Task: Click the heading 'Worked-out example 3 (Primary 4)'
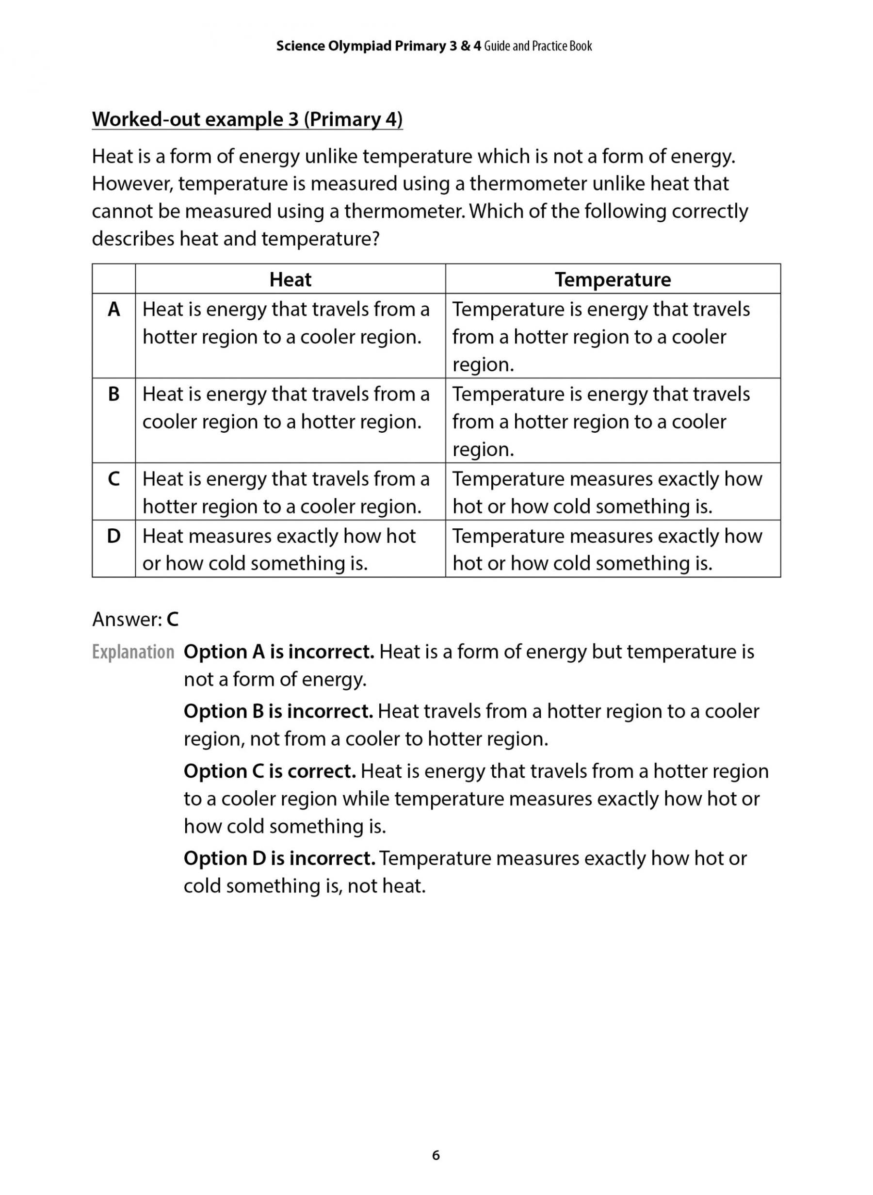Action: [x=247, y=119]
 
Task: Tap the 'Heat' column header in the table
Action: [x=290, y=279]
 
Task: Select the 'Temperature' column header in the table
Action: [x=613, y=279]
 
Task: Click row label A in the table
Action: [x=113, y=310]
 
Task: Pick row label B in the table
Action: [x=113, y=394]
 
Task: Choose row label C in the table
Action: [x=113, y=479]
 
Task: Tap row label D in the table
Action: [x=113, y=536]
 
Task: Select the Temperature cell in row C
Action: [x=607, y=492]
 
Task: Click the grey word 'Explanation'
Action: [x=133, y=652]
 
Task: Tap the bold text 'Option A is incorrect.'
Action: [x=278, y=652]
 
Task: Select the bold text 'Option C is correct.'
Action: [x=270, y=771]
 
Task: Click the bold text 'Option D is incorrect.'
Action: [x=279, y=858]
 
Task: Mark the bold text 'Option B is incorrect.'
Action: [x=278, y=711]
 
